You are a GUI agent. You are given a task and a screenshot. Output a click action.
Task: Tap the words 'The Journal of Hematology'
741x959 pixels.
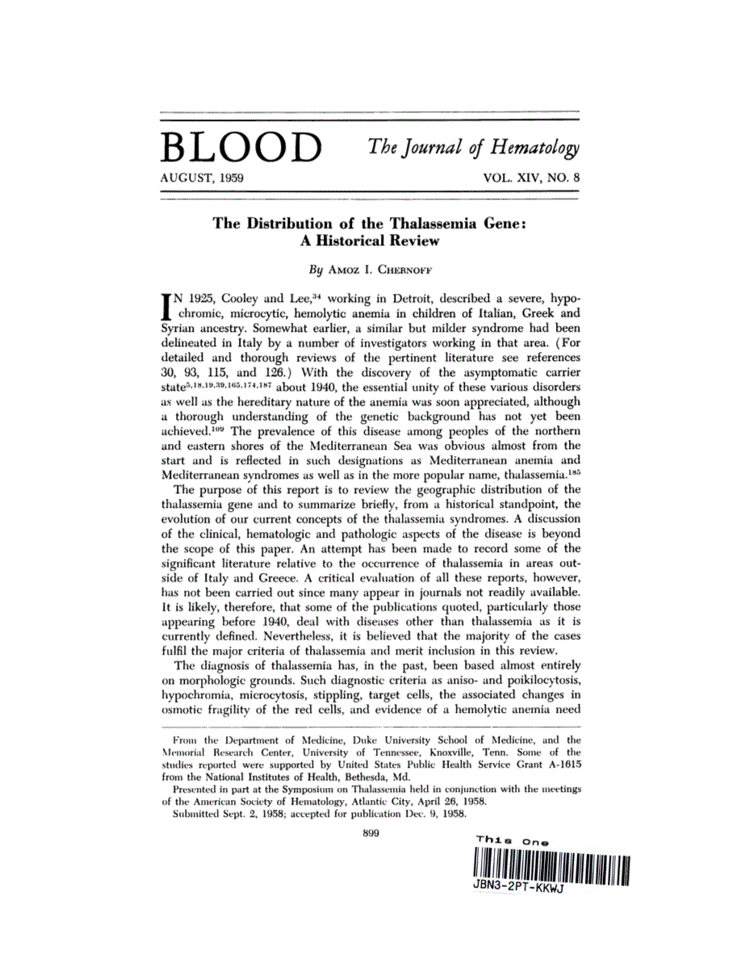coord(474,147)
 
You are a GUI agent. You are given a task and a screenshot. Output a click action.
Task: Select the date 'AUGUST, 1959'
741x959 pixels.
coord(203,176)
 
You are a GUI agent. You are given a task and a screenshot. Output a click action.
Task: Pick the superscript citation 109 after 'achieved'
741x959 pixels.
coord(229,427)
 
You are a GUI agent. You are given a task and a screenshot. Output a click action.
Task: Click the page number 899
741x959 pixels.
coord(371,835)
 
